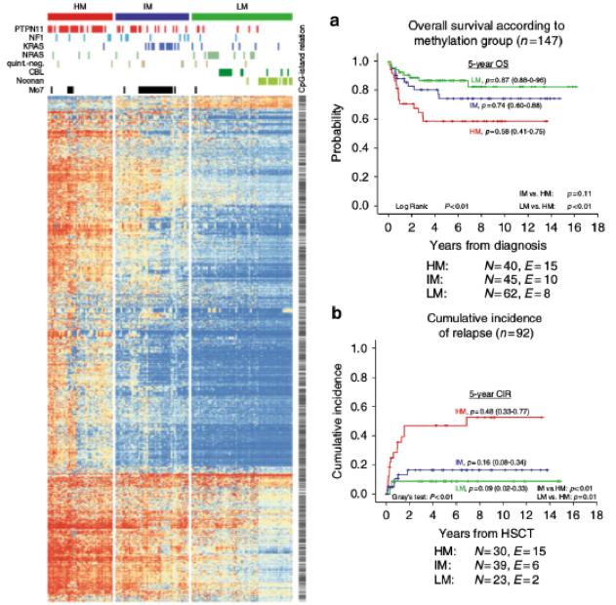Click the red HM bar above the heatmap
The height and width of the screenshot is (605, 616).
pos(78,18)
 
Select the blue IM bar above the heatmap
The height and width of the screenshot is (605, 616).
pos(151,18)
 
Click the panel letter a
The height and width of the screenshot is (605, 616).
pos(335,20)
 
